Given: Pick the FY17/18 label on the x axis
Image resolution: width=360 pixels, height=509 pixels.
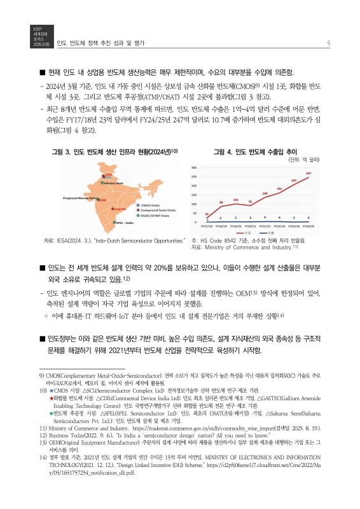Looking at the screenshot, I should (206, 225).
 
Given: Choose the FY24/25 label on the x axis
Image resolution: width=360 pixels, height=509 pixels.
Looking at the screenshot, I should (308, 225).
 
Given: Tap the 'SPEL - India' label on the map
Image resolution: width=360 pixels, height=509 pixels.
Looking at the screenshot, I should (123, 223).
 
